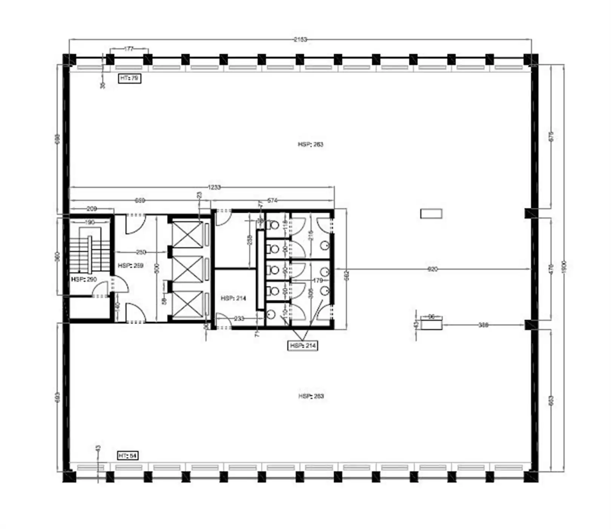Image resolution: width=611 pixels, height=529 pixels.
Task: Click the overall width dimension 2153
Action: pos(300,39)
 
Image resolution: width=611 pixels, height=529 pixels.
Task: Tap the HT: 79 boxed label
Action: pos(129,78)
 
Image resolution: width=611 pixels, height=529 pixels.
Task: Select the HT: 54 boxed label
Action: pos(128,456)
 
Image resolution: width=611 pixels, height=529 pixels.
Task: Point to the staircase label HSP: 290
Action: pos(84,279)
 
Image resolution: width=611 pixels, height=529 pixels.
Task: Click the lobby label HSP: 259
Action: pos(130,266)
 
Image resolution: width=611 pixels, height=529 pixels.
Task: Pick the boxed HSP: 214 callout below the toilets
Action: pos(302,346)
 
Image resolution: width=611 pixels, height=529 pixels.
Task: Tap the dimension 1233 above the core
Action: pos(214,187)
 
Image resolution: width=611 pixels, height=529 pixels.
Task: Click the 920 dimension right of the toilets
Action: pos(432,269)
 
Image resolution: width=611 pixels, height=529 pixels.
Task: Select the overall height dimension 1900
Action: pos(564,267)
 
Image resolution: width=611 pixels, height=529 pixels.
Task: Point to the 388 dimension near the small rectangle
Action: pos(483,324)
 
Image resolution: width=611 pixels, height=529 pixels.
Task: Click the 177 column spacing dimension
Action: pos(129,49)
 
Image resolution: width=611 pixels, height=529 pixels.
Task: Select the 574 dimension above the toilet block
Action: pos(272,200)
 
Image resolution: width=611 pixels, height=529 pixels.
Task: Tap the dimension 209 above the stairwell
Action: pos(92,208)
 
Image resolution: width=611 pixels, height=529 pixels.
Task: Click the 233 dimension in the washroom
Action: pos(239,319)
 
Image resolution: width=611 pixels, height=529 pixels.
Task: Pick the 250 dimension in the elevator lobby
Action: pos(141,252)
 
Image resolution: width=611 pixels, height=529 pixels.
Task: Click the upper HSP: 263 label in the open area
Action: pos(310,144)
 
